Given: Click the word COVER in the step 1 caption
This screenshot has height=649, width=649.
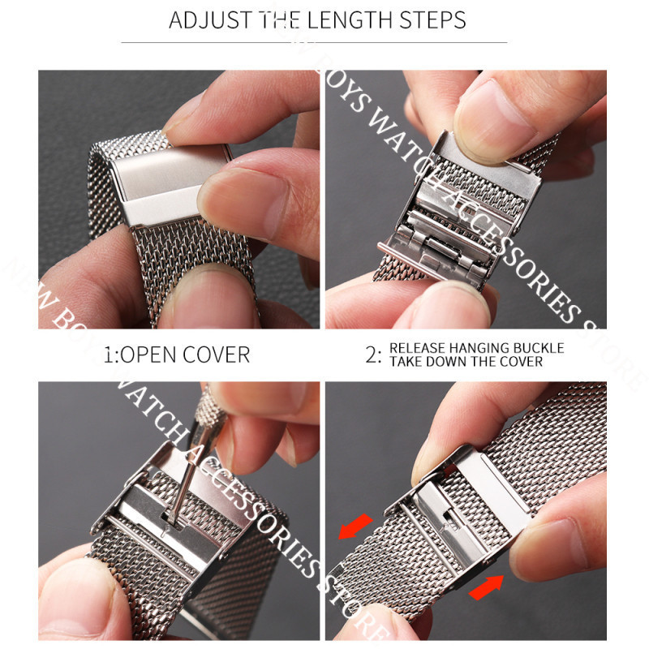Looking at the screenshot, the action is click(x=216, y=355).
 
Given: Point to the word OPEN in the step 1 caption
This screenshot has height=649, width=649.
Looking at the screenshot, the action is click(x=148, y=355).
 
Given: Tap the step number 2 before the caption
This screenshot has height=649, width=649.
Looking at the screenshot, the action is click(x=371, y=355).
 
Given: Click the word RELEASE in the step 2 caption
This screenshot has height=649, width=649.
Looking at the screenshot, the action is click(x=417, y=348).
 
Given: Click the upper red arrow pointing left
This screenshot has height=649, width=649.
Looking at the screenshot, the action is click(x=355, y=527).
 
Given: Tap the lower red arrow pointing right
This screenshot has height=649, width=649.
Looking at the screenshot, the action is click(x=486, y=587).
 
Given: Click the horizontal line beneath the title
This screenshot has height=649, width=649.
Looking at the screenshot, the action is click(x=314, y=42).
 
